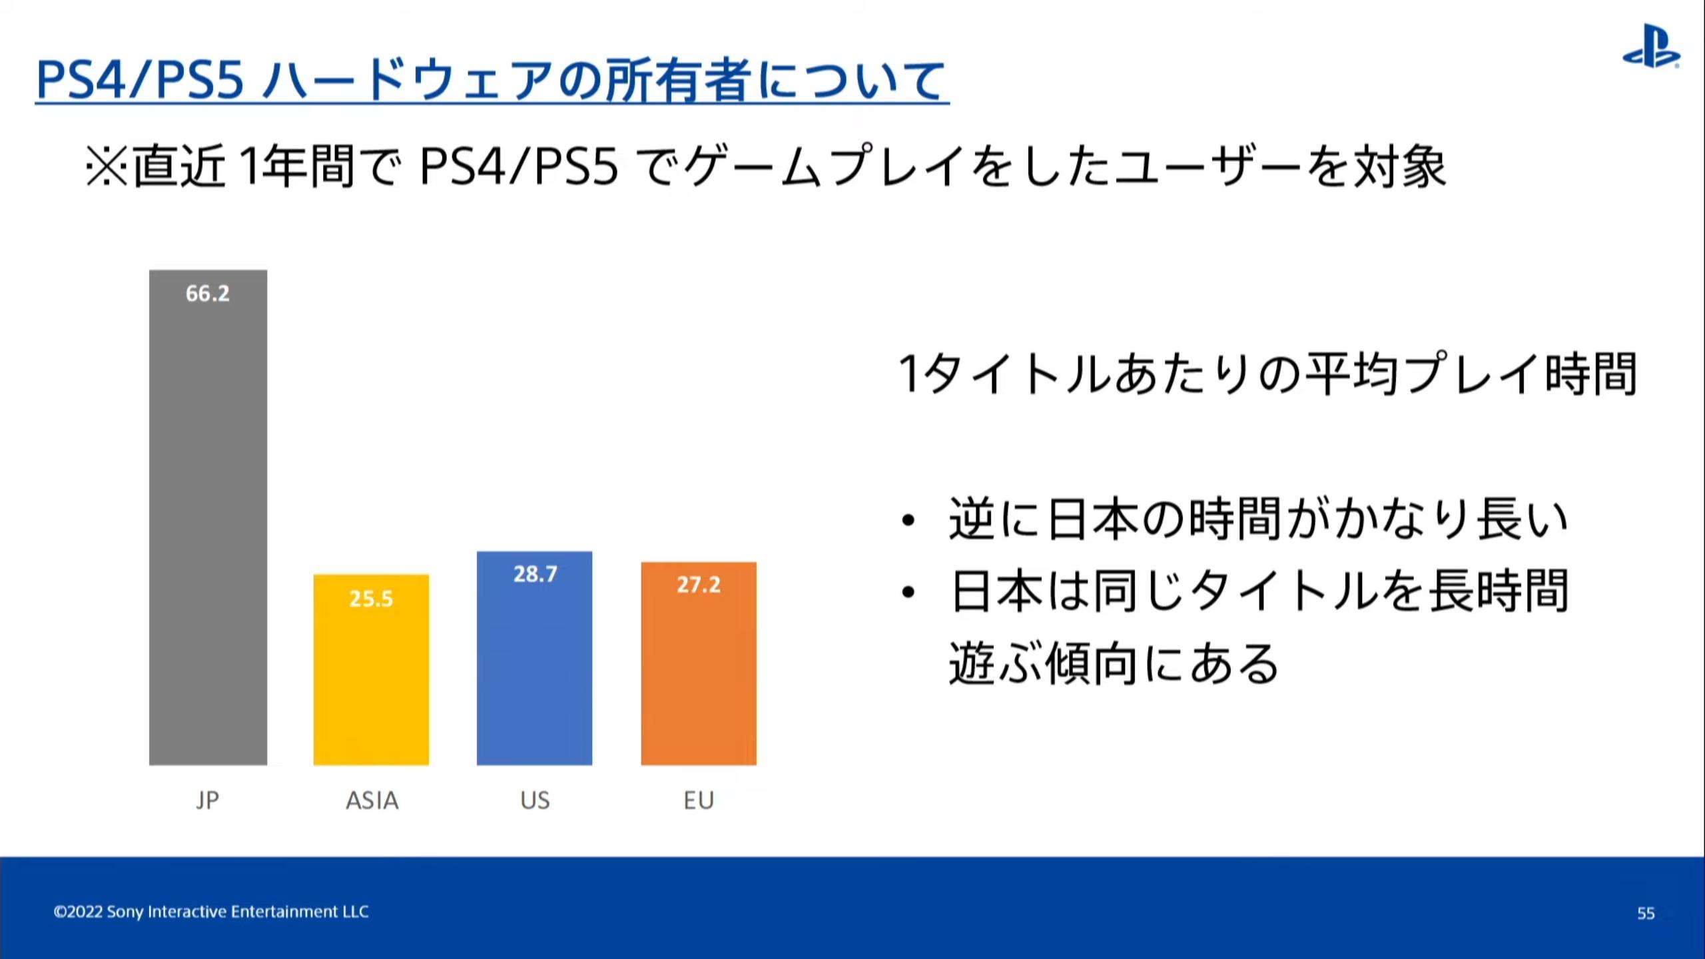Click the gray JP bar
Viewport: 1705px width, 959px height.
(208, 517)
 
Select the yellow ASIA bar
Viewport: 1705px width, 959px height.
(371, 670)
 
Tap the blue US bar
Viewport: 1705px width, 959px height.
(534, 658)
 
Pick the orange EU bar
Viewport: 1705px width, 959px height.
(699, 663)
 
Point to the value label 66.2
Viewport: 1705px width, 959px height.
(208, 293)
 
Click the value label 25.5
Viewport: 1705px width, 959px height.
(371, 599)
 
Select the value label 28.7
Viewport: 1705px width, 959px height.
(535, 574)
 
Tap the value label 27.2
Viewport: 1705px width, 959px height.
(699, 585)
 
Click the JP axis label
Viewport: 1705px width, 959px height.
(207, 800)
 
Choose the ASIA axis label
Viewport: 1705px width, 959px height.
(372, 800)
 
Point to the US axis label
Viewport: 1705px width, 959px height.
(535, 800)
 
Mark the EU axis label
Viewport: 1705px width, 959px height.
(699, 800)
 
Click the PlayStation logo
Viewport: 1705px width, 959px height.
(1651, 47)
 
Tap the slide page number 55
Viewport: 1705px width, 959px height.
(1646, 913)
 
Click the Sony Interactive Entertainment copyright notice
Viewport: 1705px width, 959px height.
(211, 911)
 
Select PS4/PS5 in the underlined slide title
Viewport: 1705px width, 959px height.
(141, 80)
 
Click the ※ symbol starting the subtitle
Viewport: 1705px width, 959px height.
(107, 166)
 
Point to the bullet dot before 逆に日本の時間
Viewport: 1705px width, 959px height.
(908, 521)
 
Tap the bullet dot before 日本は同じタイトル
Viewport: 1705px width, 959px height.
(908, 592)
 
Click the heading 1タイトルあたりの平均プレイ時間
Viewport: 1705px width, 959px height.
(1267, 374)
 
